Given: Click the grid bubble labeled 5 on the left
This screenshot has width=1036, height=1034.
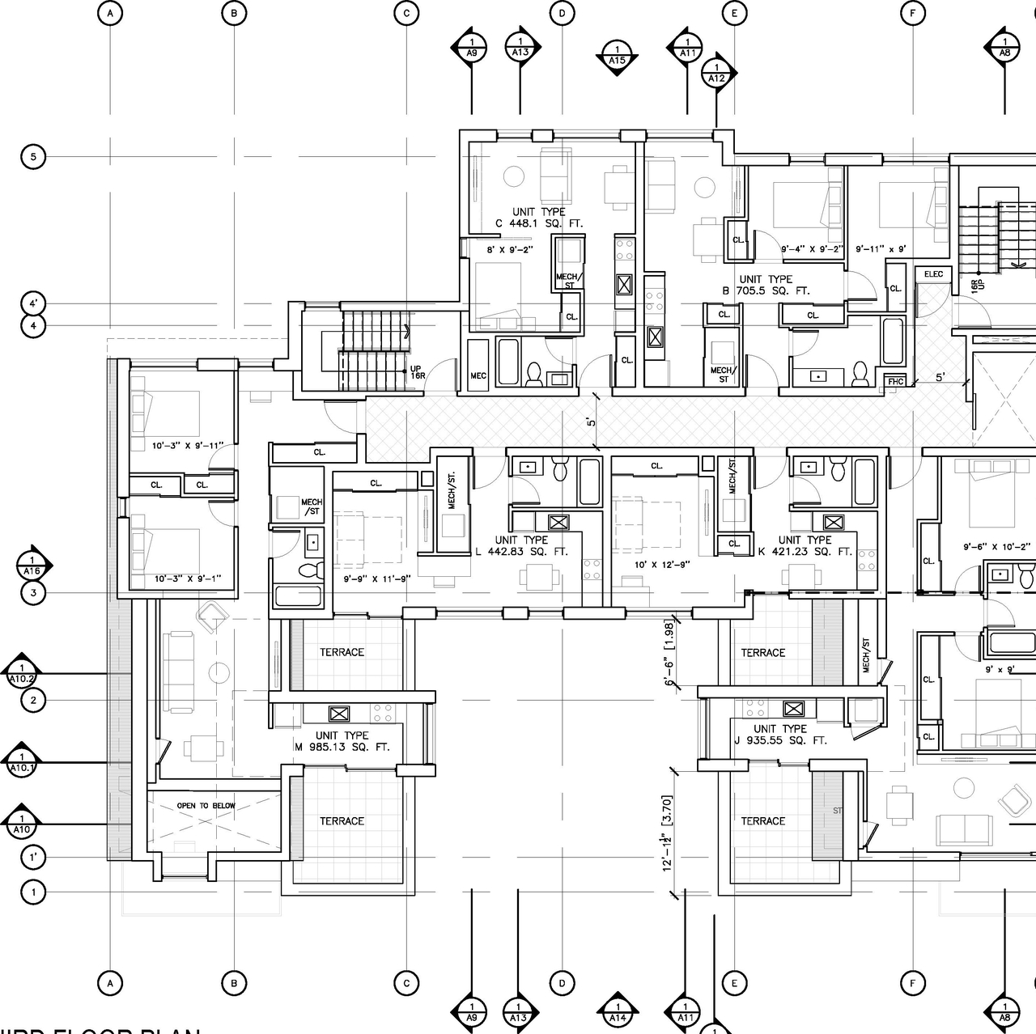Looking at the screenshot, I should coord(33,156).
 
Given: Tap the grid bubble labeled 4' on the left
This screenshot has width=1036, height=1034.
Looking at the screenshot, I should coord(33,304).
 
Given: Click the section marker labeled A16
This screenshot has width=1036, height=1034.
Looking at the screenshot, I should coord(32,565).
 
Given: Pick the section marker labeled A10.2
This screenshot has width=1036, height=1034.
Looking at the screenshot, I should coord(21,673).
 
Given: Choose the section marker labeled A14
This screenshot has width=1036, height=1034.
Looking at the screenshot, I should coord(618,1013).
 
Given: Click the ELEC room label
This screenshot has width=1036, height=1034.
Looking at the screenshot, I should coord(933,274).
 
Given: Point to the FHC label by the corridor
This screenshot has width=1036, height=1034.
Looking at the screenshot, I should coord(895,382).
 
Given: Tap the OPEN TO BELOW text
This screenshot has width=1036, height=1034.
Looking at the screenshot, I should coord(206,806).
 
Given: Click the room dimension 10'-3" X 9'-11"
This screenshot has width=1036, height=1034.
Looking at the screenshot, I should coord(186,445).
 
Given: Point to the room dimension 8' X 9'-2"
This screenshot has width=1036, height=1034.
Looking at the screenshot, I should coord(509,250).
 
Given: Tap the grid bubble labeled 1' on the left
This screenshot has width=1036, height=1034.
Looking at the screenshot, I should coord(33,857).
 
